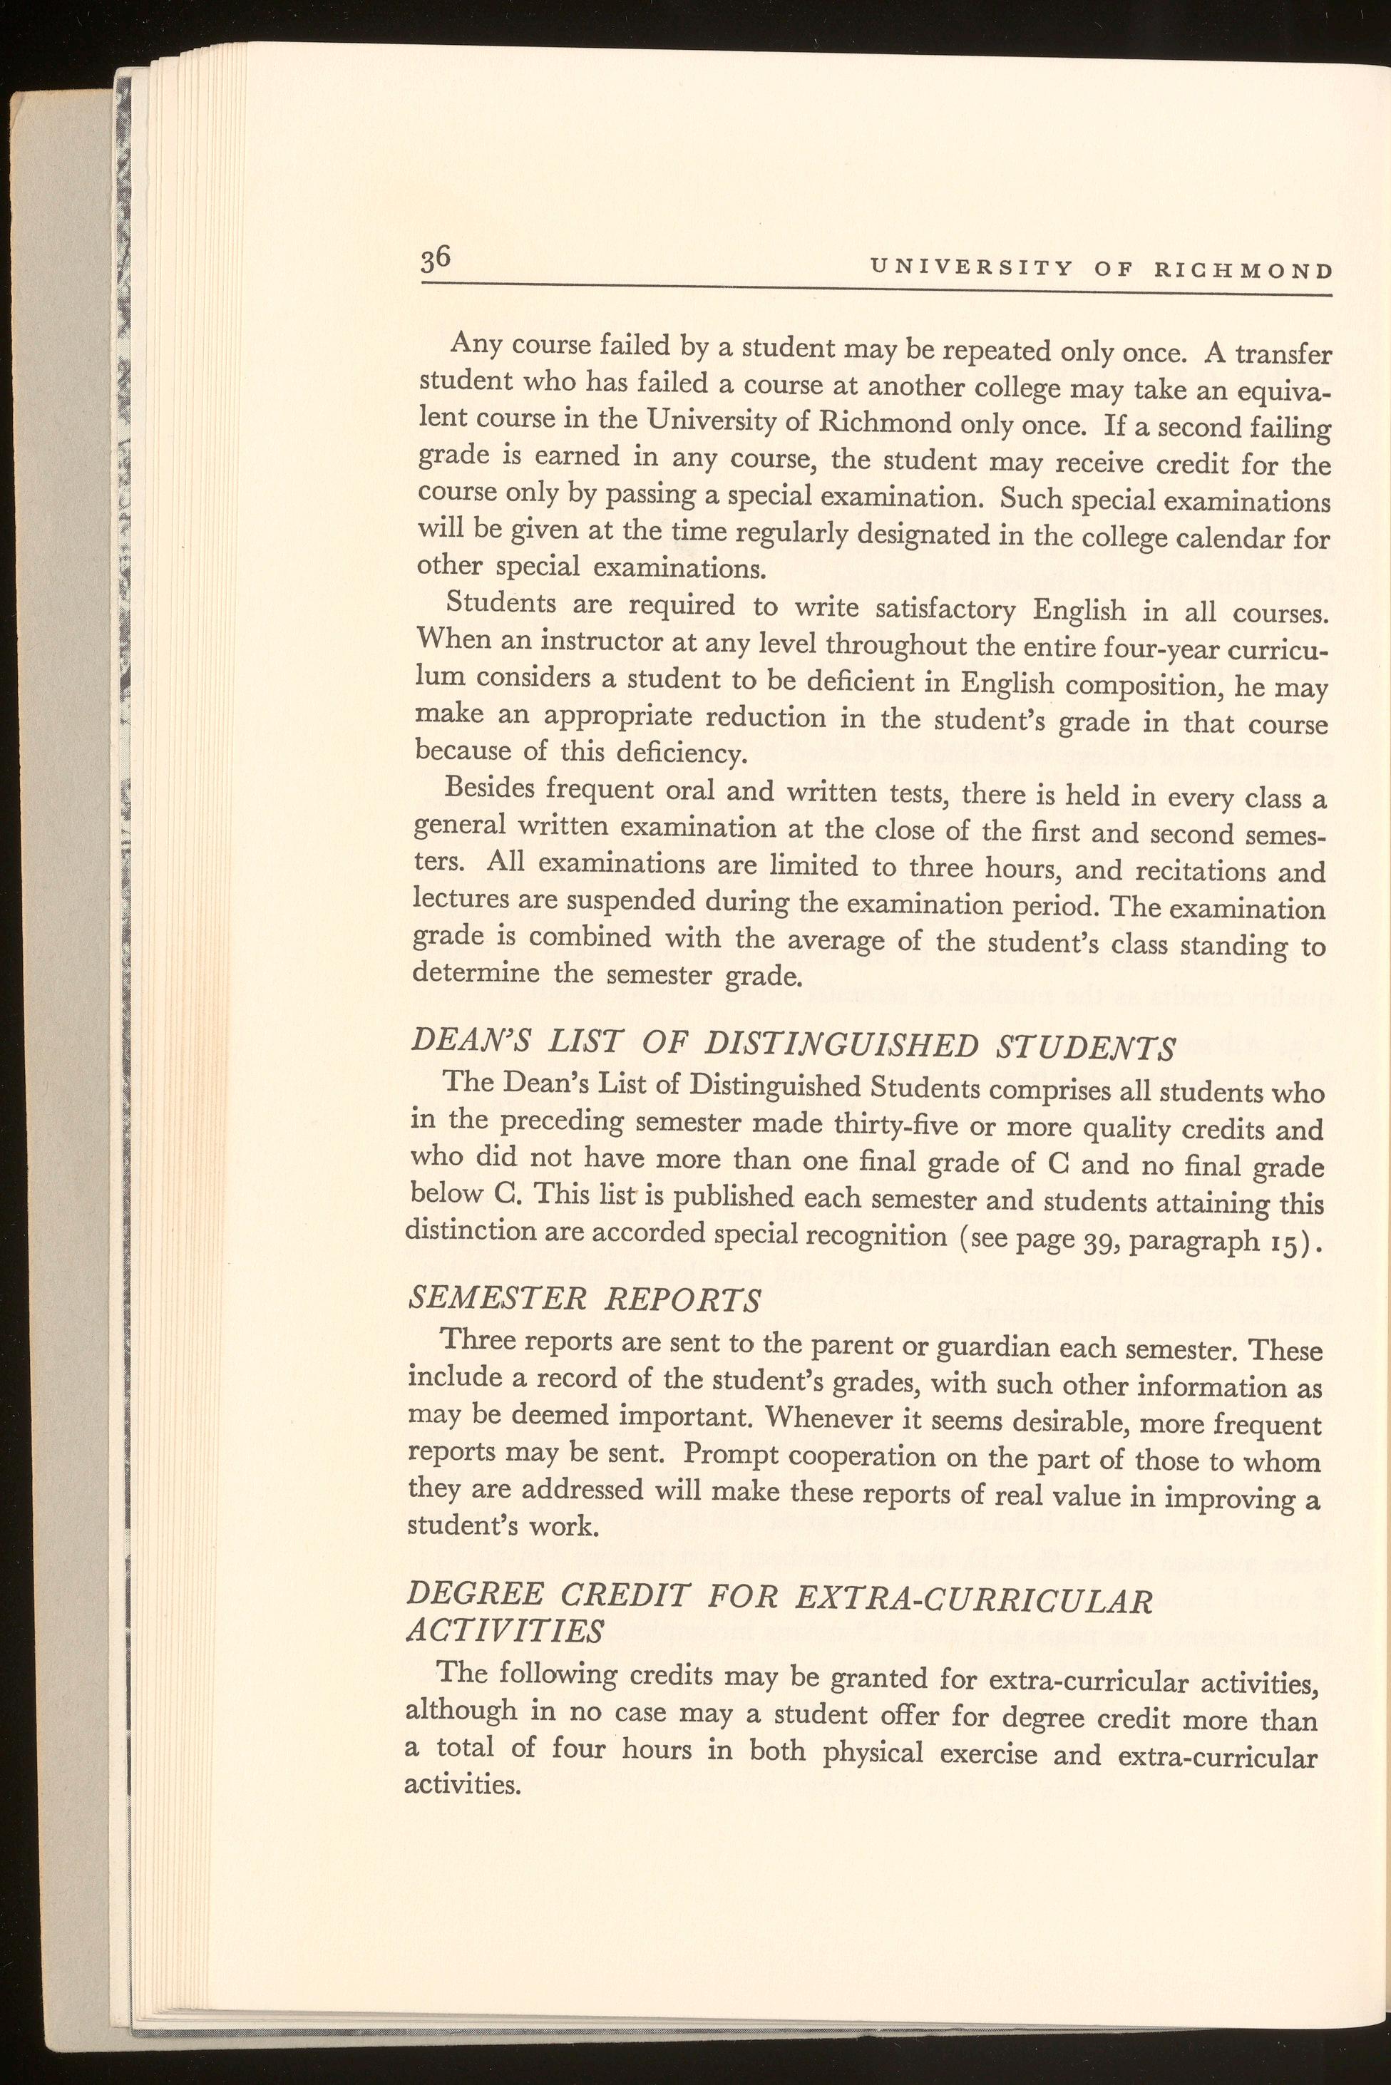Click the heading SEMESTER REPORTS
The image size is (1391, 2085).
[582, 1299]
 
